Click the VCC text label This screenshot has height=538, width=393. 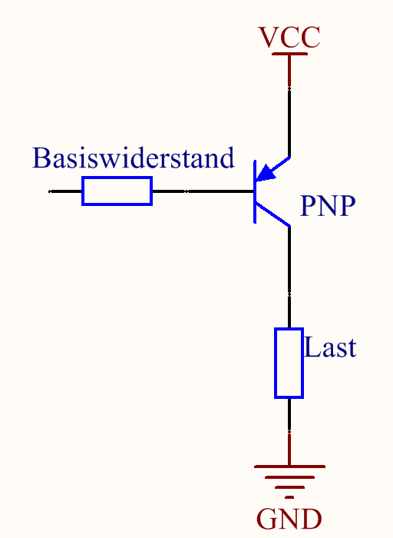(289, 36)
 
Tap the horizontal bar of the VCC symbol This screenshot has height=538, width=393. (289, 54)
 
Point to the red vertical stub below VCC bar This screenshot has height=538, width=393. (289, 69)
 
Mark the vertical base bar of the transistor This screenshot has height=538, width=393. (255, 191)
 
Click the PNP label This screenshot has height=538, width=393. (328, 206)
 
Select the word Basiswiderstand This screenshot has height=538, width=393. (133, 158)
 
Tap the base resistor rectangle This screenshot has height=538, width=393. (117, 191)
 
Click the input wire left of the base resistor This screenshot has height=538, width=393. (65, 191)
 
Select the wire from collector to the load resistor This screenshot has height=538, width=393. (289, 277)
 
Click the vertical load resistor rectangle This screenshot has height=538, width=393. (289, 363)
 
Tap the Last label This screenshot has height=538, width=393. (331, 347)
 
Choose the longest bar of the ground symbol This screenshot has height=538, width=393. (289, 466)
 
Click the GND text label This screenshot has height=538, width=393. (289, 519)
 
